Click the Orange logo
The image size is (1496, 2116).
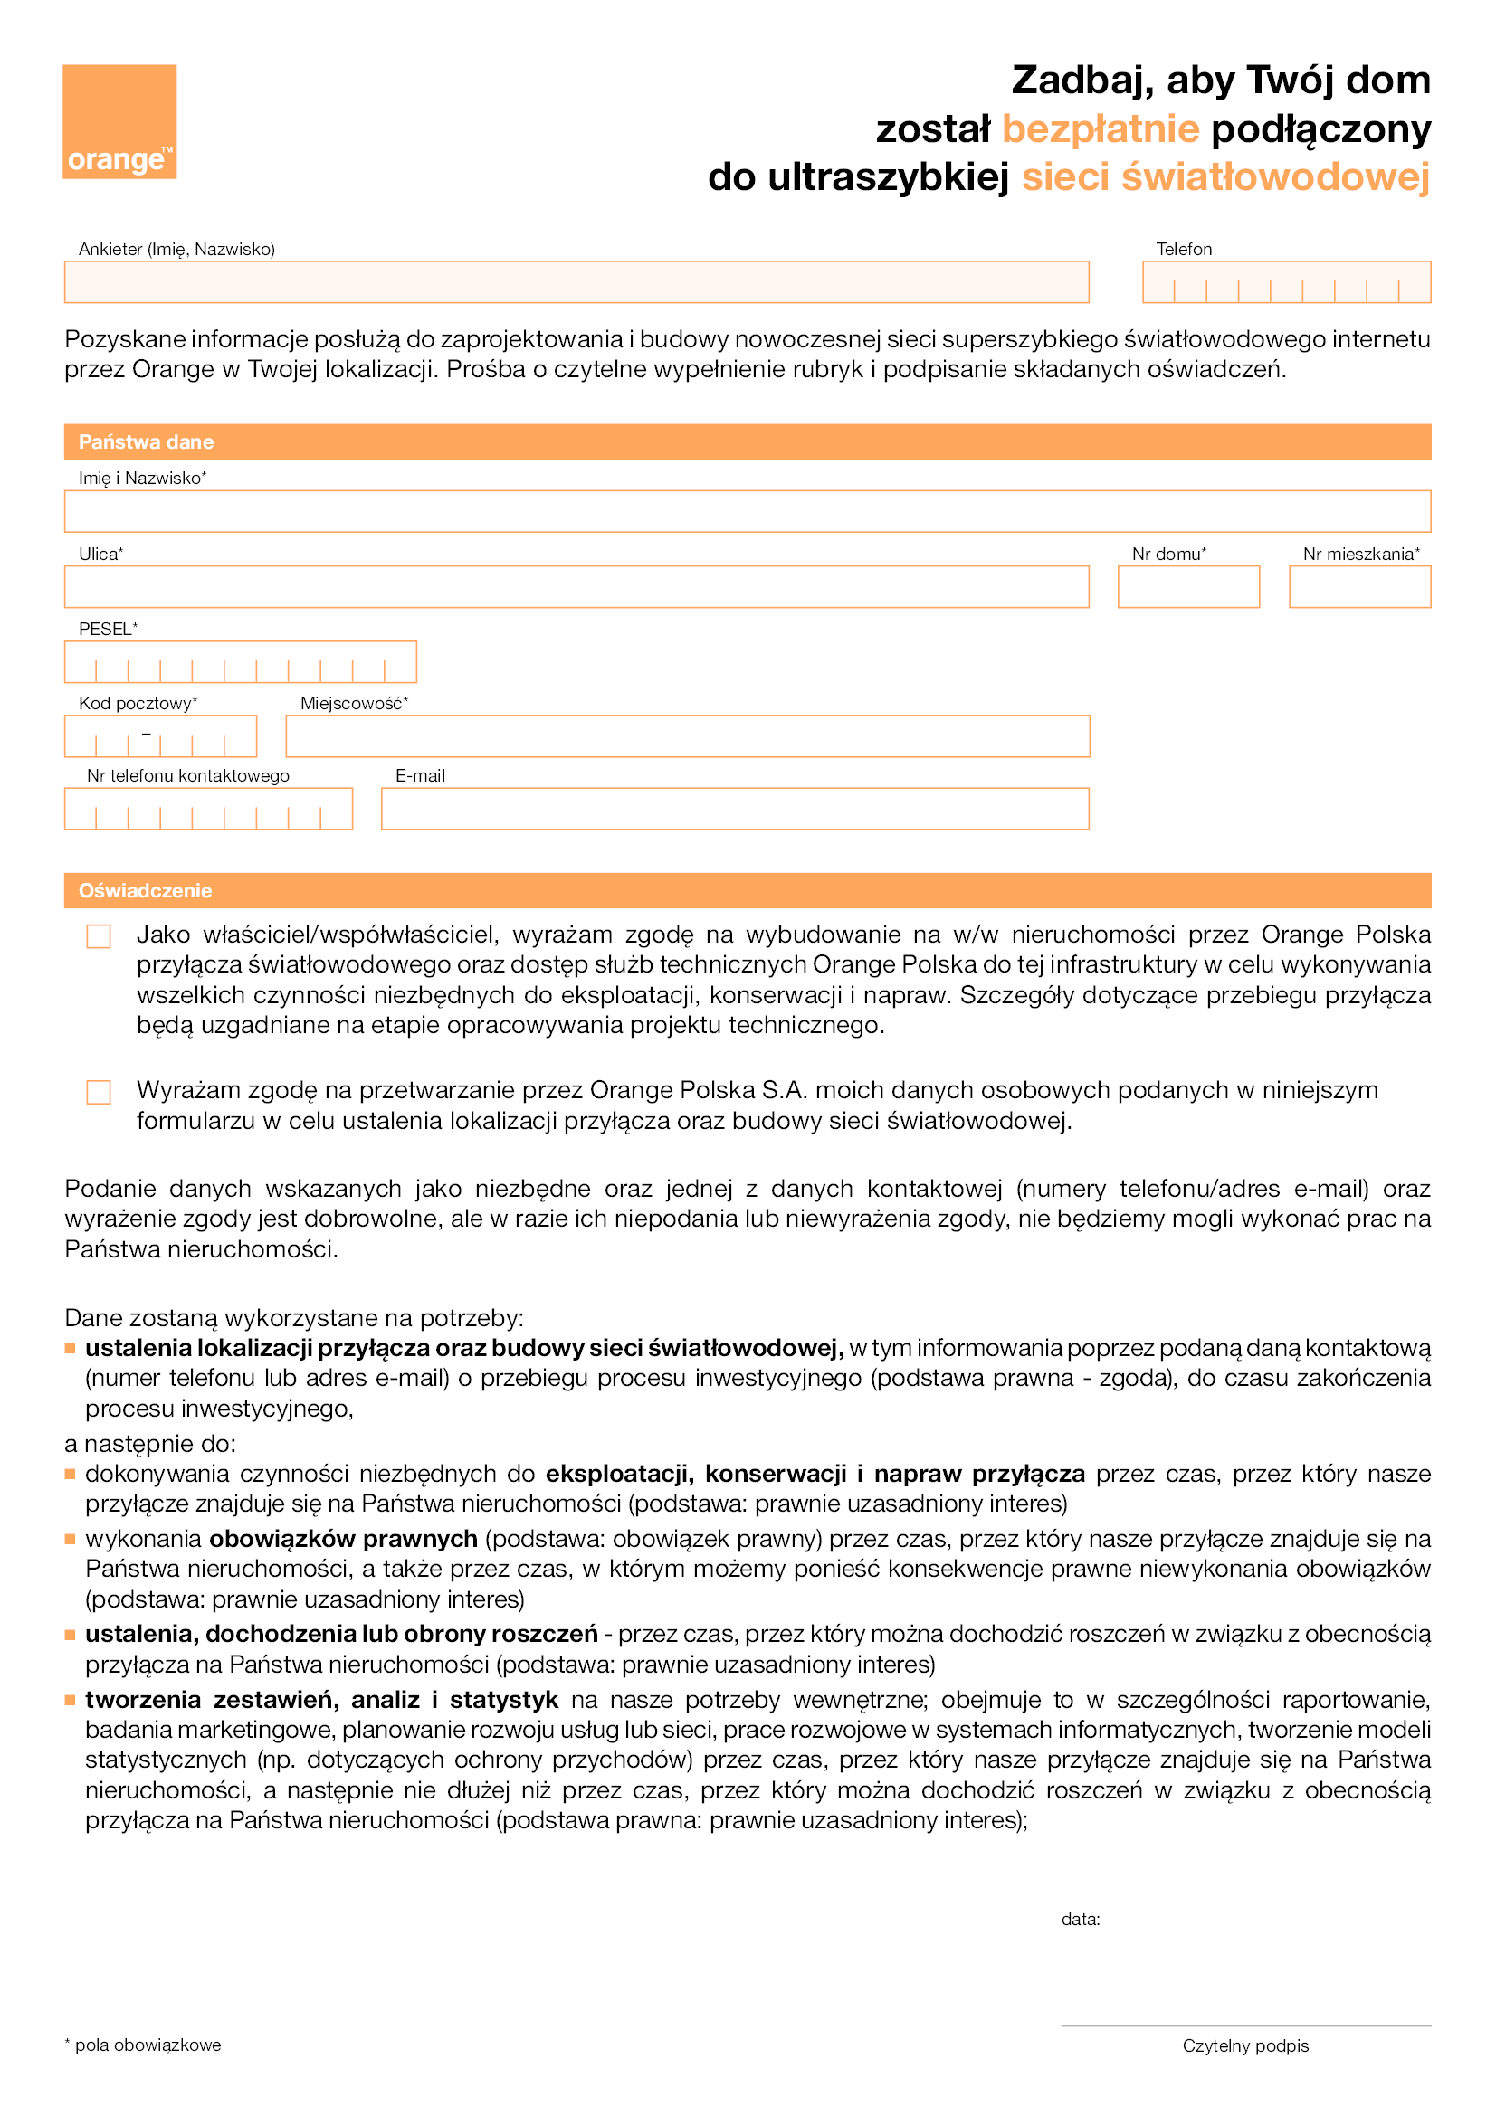[x=119, y=120]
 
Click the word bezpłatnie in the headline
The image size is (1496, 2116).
[x=1100, y=129]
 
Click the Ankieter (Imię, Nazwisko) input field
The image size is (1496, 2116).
[x=576, y=282]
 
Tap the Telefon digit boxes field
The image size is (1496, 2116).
[x=1286, y=282]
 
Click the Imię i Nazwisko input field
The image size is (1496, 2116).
[x=747, y=511]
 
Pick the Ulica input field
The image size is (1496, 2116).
[x=576, y=587]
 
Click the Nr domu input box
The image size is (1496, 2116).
[x=1188, y=587]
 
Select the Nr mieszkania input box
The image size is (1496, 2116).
[x=1359, y=587]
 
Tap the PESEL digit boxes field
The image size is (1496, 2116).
[x=240, y=662]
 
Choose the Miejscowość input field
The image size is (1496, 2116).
[x=688, y=736]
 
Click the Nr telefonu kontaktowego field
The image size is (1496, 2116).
[x=208, y=809]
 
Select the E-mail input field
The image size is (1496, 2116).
[x=735, y=809]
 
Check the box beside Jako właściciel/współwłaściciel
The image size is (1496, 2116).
[x=99, y=936]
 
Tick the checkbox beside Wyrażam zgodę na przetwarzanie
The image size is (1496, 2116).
[x=99, y=1092]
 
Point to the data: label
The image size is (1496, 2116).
[x=1081, y=1919]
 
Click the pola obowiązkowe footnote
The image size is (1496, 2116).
[x=144, y=2045]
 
